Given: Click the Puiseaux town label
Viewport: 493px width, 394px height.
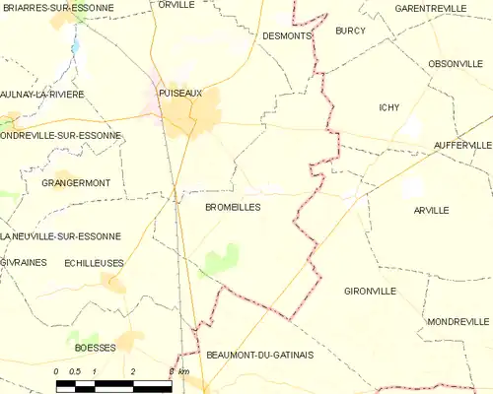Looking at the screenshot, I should [x=179, y=93].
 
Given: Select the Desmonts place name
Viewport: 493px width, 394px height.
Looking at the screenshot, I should [x=287, y=35].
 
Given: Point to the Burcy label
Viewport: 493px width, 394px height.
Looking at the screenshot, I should [x=350, y=31].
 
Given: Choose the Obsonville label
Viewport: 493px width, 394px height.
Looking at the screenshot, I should [x=454, y=63].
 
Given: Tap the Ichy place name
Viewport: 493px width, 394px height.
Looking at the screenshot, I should [x=389, y=107].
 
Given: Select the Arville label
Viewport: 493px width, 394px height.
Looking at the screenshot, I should [x=432, y=211].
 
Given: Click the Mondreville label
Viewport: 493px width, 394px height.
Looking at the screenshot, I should [x=458, y=322].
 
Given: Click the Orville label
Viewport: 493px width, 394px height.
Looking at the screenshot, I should [x=176, y=5].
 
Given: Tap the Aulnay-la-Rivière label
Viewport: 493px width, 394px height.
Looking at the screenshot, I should [x=42, y=94].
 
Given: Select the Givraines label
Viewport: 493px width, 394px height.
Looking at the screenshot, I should [x=22, y=263].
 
